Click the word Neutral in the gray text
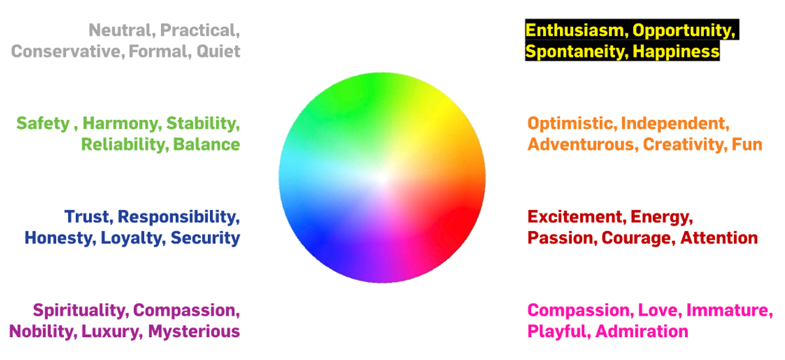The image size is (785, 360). click(x=120, y=30)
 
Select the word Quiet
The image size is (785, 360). click(x=218, y=52)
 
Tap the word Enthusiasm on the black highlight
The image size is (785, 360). click(x=575, y=30)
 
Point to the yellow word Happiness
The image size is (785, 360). click(x=676, y=52)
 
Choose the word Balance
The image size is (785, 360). click(x=207, y=145)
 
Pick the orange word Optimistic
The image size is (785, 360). click(x=570, y=124)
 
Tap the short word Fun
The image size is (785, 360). click(x=747, y=145)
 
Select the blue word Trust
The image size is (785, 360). click(x=87, y=217)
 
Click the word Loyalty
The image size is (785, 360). click(x=131, y=239)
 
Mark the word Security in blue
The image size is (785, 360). click(x=205, y=239)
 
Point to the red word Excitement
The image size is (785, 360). click(x=575, y=217)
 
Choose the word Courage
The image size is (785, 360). click(x=637, y=239)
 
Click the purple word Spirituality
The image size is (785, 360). click(x=79, y=311)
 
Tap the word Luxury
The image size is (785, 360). click(x=111, y=332)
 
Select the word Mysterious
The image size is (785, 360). click(x=194, y=332)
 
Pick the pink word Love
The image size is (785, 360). click(x=658, y=310)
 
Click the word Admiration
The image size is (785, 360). click(x=642, y=332)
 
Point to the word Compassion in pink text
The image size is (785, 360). click(x=578, y=311)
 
